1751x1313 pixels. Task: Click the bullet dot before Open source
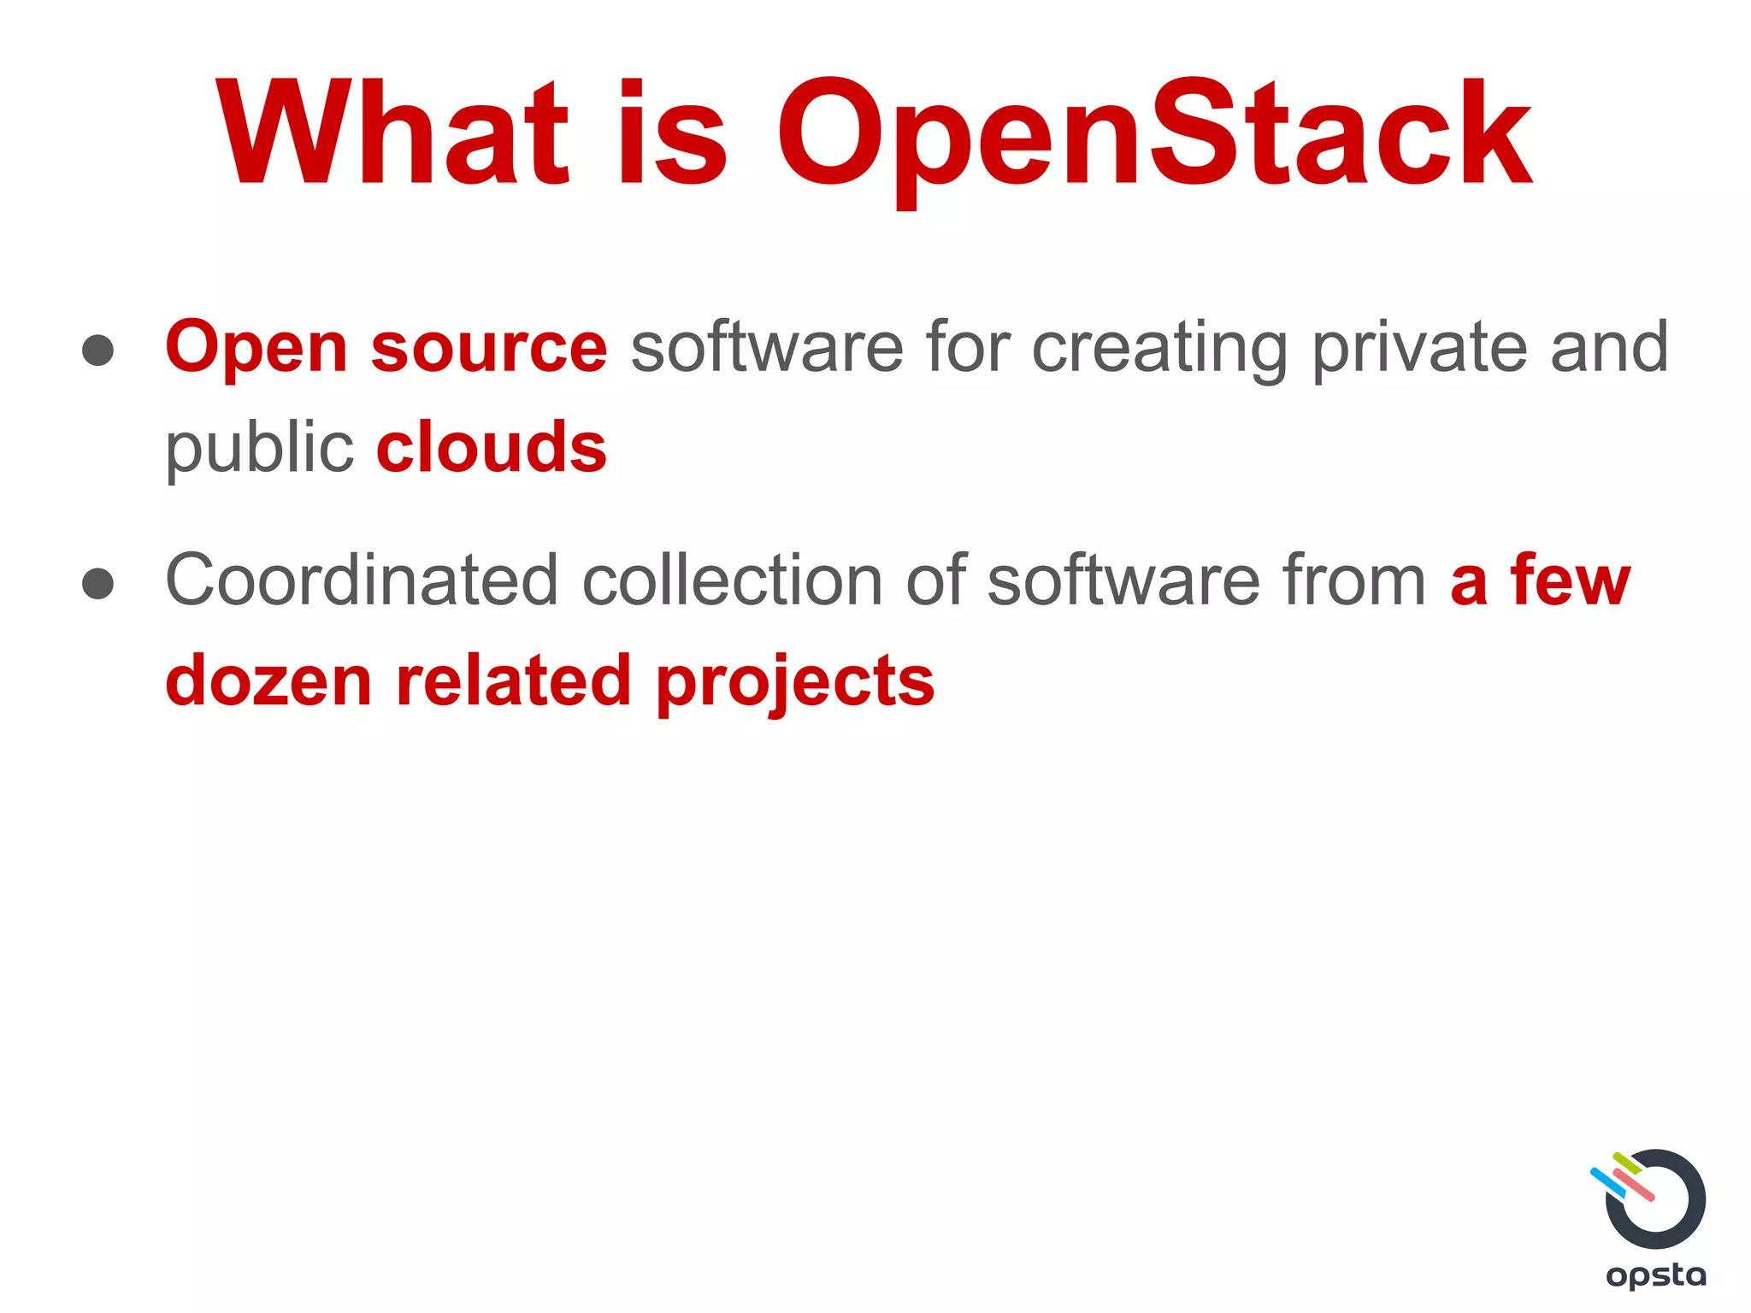[98, 350]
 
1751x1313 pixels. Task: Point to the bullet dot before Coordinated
[98, 583]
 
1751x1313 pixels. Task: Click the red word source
[489, 348]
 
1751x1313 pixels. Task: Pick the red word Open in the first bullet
[256, 348]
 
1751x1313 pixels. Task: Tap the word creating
[1159, 348]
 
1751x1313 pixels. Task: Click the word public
[259, 448]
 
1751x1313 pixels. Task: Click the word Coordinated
[361, 580]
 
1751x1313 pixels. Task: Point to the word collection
[732, 580]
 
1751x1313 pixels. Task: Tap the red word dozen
[268, 681]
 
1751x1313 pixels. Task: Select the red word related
[513, 681]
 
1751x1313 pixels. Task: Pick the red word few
[1570, 580]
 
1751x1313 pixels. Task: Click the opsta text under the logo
[1656, 1276]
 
